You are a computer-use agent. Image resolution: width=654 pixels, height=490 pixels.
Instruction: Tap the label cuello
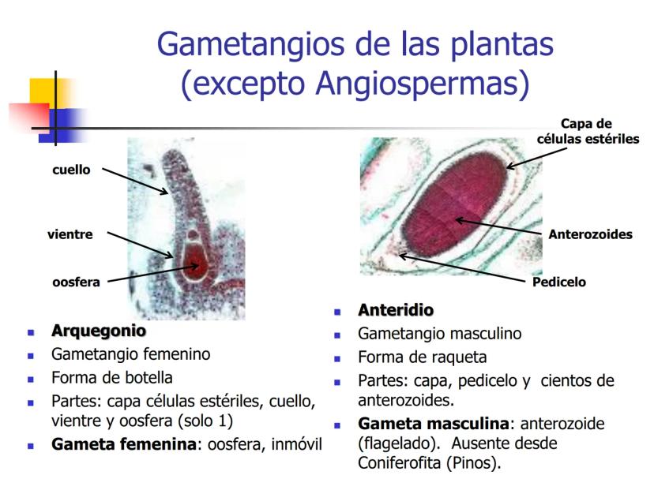pos(72,170)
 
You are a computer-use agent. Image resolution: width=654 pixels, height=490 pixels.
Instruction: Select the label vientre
pos(70,234)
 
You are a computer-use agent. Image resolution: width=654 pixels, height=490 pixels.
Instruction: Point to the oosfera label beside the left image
pos(76,282)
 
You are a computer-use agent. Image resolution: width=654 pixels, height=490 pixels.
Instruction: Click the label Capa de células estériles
pos(587,131)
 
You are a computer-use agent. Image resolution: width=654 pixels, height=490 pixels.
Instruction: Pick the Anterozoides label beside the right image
pos(590,234)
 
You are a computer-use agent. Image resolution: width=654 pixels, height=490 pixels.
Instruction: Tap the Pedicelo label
pos(559,282)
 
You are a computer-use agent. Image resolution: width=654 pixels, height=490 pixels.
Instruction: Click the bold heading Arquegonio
pos(99,331)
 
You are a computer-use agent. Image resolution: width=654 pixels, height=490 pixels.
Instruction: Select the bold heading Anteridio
pos(396,310)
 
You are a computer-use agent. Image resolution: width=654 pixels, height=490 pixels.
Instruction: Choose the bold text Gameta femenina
pos(123,444)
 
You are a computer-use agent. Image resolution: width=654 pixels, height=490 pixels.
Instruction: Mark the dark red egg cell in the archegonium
pos(195,263)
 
